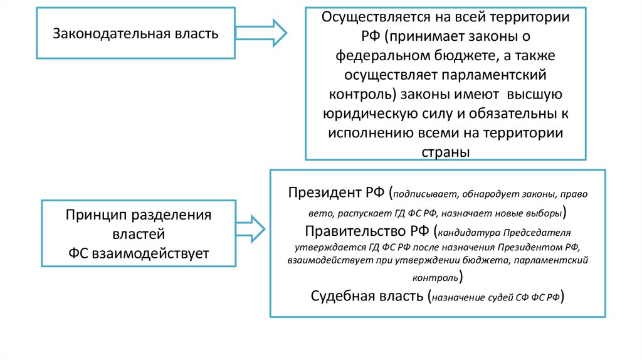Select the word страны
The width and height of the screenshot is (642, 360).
tap(446, 152)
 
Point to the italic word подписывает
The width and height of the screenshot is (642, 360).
tap(424, 193)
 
